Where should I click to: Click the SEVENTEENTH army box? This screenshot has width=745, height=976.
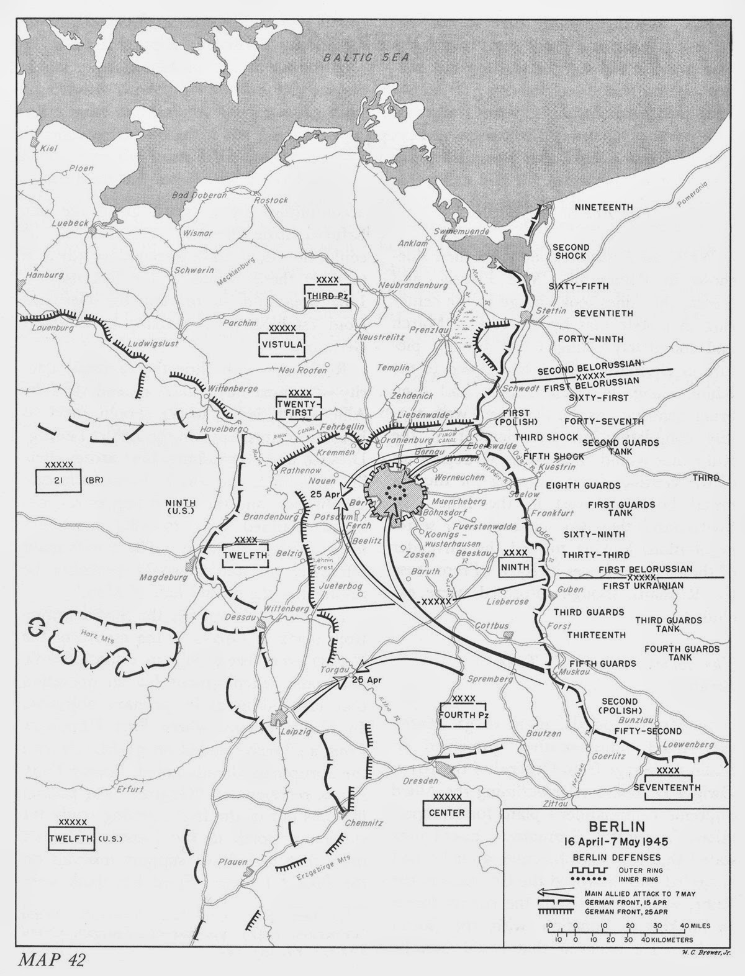[x=667, y=787]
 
